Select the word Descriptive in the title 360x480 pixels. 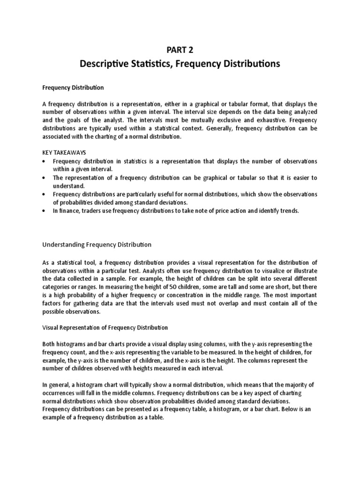coord(103,64)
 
